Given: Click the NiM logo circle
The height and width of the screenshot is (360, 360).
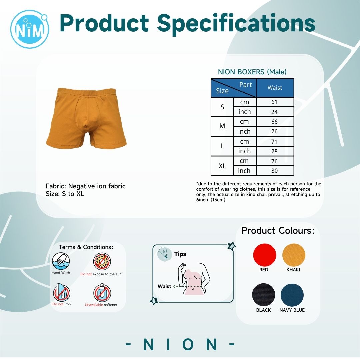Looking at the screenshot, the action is click(x=30, y=29).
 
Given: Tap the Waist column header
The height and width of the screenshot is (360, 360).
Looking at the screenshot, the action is click(x=275, y=88).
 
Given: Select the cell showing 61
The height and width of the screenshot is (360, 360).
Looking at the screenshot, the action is click(x=275, y=102).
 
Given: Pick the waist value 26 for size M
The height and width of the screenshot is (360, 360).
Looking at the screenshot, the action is click(x=275, y=131).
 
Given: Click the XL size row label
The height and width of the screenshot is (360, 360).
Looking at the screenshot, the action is click(x=222, y=166).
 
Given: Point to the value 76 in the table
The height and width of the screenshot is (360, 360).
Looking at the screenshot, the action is click(x=275, y=161).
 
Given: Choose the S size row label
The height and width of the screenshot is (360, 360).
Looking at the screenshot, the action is click(x=222, y=107).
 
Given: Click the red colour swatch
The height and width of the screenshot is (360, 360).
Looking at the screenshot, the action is click(x=264, y=255).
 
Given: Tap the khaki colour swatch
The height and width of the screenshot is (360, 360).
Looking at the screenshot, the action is click(x=294, y=255).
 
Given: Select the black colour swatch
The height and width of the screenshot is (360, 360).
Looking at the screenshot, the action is click(x=264, y=295).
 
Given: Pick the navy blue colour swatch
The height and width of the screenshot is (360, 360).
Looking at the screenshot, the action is click(x=292, y=295).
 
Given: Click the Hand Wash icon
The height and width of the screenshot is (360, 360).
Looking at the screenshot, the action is click(x=61, y=261).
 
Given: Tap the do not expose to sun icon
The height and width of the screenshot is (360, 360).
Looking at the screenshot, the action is click(x=102, y=262).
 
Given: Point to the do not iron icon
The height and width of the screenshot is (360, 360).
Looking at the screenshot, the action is click(x=62, y=292).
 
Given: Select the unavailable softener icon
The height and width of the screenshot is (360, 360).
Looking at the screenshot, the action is click(x=102, y=293).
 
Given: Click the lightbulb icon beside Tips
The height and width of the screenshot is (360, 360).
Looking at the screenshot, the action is click(x=164, y=253).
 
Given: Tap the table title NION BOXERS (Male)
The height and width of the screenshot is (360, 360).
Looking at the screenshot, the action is click(x=252, y=72).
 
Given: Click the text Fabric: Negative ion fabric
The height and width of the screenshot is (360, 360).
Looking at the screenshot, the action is click(x=86, y=186).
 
